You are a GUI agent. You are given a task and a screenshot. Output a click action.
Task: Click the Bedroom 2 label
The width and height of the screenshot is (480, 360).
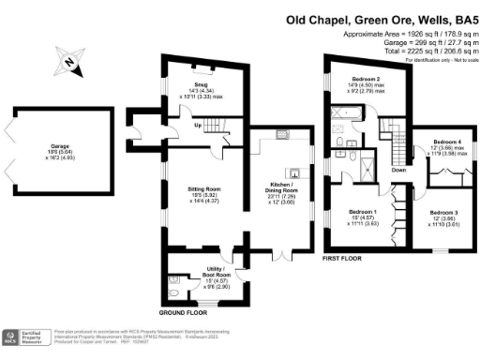click(365, 78)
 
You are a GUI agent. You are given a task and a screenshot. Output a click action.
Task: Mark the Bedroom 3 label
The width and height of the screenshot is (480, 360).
click(443, 213)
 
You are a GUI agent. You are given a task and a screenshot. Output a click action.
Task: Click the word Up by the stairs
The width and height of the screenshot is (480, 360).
click(196, 125)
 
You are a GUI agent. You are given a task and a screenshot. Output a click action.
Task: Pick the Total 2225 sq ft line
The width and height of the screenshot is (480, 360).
click(419, 45)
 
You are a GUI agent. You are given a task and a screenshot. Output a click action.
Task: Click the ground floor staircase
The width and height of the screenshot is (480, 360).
click(218, 126)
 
